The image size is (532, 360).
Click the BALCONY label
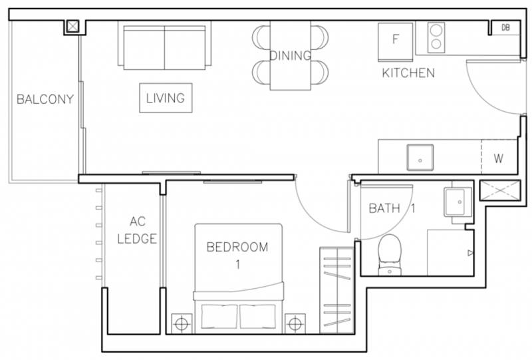coord(45,99)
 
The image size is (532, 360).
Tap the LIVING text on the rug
coord(166,98)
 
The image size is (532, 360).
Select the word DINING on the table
coord(290,55)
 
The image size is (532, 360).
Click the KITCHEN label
coord(408,73)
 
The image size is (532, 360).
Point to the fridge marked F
coord(395,42)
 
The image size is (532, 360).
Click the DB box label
coord(505,27)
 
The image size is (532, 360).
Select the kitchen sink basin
coord(420,157)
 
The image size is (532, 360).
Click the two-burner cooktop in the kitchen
coord(436,38)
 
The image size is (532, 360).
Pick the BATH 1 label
coord(392,208)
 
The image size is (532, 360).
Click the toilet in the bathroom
coord(390,255)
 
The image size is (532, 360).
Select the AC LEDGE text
coord(137,230)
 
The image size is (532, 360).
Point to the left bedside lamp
coord(182,323)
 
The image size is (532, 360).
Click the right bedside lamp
coord(295,323)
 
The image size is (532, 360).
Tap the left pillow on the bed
coord(219,317)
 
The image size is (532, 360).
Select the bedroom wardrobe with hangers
coord(336,290)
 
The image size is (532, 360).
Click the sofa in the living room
coord(164,45)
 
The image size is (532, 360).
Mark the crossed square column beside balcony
coord(72,27)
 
